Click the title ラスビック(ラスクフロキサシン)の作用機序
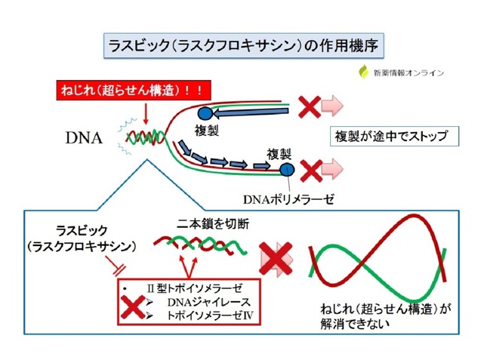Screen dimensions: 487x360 point(243,46)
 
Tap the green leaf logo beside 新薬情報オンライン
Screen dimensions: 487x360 point(364,72)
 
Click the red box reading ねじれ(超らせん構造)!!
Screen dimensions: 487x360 point(134,91)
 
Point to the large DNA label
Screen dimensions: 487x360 point(84,138)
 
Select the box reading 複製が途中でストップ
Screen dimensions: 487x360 point(394,137)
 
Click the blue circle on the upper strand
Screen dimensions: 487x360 point(205,113)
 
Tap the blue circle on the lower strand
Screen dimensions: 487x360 point(287,170)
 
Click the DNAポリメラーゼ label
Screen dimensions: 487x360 point(288,199)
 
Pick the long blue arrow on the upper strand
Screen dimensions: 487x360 point(251,112)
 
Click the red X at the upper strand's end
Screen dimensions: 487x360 point(310,106)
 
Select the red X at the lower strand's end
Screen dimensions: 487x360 point(311,171)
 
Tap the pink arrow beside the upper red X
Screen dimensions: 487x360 point(332,106)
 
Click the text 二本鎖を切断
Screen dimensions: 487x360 point(213,223)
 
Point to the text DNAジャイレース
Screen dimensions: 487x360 point(208,302)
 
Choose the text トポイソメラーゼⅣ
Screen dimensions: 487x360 point(210,315)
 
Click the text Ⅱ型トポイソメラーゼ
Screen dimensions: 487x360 point(195,288)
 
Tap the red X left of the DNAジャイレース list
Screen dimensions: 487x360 point(133,307)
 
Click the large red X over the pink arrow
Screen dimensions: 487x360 point(276,259)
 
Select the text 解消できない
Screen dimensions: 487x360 point(355,324)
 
